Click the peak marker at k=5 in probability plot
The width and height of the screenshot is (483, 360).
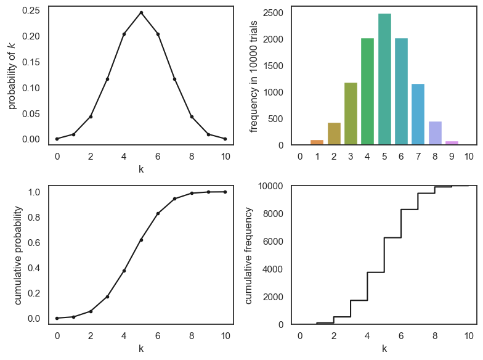[x=141, y=12]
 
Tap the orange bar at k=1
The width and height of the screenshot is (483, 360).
[x=317, y=142]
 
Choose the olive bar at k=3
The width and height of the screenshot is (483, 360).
[x=351, y=114]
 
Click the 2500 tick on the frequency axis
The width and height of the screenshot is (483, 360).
[x=275, y=13]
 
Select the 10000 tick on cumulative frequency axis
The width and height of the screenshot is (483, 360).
[x=270, y=186]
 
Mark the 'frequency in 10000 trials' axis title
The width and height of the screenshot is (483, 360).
[x=254, y=76]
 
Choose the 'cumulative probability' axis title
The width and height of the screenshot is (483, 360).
[x=18, y=255]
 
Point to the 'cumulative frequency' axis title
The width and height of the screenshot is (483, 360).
[x=249, y=255]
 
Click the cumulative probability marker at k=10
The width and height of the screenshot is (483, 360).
[x=225, y=192]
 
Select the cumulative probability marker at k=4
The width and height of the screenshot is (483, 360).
[x=124, y=271]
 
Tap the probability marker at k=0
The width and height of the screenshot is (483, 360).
[x=57, y=139]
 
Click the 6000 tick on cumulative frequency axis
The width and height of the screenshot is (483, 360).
[x=273, y=242]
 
